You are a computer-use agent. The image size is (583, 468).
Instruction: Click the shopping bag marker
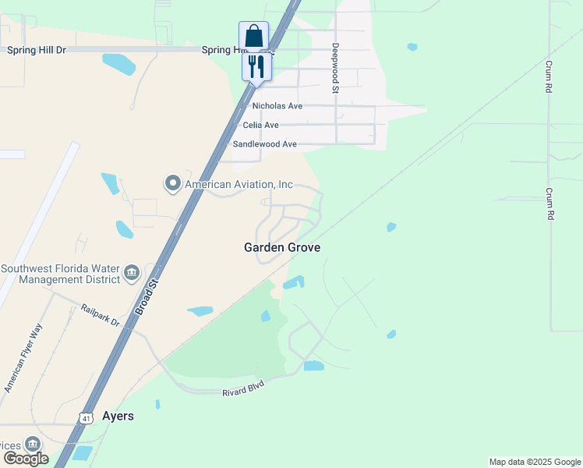[x=253, y=36]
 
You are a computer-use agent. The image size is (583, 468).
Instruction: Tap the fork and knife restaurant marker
[x=256, y=65]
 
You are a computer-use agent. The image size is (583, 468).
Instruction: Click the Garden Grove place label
[x=282, y=247]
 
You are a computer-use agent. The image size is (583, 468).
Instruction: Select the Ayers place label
[x=118, y=416]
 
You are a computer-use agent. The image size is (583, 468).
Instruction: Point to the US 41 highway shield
[x=85, y=418]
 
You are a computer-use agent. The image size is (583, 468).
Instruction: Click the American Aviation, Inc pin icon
[x=171, y=184]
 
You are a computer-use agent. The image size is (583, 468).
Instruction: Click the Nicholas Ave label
[x=277, y=106]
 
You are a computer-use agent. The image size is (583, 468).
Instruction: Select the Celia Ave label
[x=260, y=125]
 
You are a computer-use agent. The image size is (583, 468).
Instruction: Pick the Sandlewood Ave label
[x=264, y=144]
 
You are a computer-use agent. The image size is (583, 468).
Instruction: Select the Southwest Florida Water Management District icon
[x=131, y=272]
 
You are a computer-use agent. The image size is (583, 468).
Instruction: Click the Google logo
[x=26, y=458]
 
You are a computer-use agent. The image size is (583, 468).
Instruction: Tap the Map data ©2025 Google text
[x=535, y=462]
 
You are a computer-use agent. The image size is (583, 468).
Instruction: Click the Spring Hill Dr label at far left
[x=37, y=50]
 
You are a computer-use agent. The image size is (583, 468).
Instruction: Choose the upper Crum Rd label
[x=549, y=77]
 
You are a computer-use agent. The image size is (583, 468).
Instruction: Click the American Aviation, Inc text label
[x=238, y=184]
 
